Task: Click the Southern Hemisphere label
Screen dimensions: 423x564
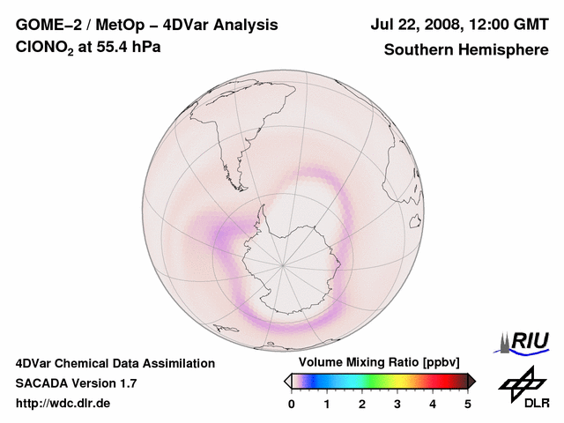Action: (465, 49)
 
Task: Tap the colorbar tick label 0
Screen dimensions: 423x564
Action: (292, 404)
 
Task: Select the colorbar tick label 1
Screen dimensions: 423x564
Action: (327, 404)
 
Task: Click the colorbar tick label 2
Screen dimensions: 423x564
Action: (362, 404)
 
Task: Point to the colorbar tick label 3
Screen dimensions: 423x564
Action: (397, 404)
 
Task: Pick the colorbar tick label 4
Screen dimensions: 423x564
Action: (433, 404)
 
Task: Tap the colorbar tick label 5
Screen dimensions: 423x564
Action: (468, 404)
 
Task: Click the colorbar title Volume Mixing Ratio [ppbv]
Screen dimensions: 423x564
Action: (375, 362)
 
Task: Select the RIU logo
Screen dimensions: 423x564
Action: (526, 341)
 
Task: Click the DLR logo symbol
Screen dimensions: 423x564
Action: (523, 382)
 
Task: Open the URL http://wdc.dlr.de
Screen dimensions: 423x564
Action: (63, 404)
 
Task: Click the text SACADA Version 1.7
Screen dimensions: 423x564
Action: (76, 383)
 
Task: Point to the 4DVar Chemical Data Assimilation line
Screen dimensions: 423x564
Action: (115, 363)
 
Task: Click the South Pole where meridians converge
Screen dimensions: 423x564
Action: (282, 263)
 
